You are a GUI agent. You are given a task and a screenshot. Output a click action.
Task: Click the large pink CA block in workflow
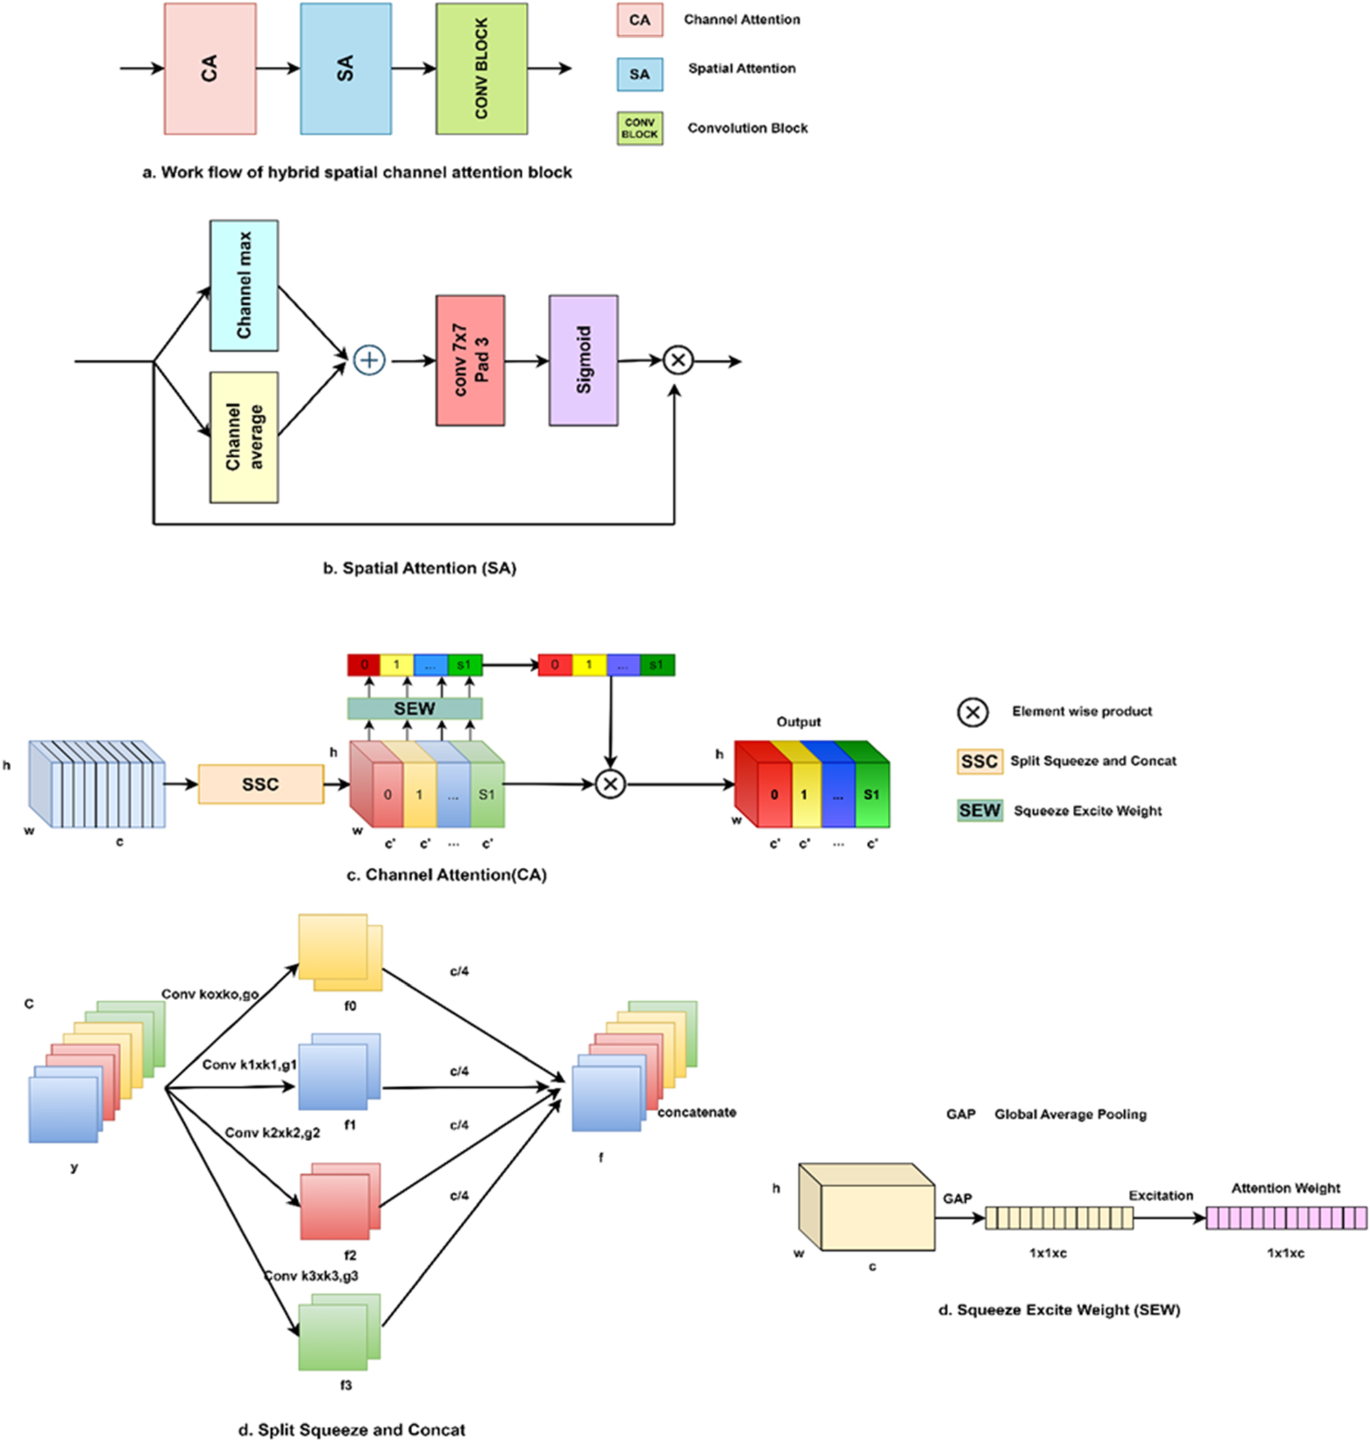pos(210,69)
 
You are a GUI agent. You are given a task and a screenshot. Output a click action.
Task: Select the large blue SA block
pos(346,69)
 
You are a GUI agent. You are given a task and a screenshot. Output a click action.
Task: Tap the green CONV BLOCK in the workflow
pos(481,69)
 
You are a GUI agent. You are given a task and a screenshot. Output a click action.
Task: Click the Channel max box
pos(244,286)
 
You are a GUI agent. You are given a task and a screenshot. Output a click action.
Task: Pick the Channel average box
pos(244,437)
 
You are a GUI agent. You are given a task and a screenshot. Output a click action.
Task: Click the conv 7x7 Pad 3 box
pos(470,360)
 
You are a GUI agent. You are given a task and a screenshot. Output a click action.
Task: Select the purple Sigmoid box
pos(583,360)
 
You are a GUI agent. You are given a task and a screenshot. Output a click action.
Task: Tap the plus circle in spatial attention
pos(370,360)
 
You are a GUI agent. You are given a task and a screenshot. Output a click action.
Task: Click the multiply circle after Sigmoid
pos(678,360)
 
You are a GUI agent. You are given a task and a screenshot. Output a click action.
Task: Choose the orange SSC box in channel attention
pos(261,784)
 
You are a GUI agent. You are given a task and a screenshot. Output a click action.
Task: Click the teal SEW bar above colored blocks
pos(415,708)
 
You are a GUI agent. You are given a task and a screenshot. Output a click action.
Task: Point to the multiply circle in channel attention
pos(611,784)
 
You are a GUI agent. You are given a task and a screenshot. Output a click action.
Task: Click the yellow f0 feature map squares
pos(340,952)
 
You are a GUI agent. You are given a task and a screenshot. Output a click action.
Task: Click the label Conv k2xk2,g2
pos(272,1132)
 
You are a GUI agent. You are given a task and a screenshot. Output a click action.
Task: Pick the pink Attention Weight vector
pos(1285,1218)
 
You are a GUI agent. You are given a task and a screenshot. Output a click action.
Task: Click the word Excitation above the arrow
pos(1160,1195)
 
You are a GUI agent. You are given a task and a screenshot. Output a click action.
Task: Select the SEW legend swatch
pos(979,810)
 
